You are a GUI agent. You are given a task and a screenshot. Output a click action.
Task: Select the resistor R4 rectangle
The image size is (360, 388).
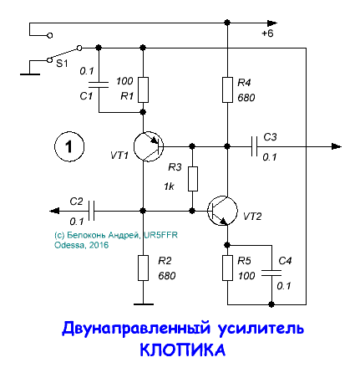(x=226, y=89)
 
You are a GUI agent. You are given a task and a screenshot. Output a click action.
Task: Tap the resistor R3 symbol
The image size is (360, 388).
(x=192, y=178)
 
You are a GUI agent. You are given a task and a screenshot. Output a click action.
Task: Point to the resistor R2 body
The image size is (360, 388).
(x=143, y=268)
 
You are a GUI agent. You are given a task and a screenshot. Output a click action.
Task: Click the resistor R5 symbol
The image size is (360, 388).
(x=226, y=268)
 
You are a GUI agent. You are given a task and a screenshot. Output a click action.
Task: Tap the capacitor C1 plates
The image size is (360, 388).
(x=99, y=84)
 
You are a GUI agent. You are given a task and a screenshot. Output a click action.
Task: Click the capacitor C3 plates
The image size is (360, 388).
(x=254, y=146)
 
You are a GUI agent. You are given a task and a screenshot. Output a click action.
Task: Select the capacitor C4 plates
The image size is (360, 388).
(x=271, y=272)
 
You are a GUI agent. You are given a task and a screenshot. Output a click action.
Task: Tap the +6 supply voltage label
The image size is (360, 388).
(x=267, y=34)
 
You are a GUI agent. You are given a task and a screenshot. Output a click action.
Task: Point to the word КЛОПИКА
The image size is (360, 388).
(x=181, y=352)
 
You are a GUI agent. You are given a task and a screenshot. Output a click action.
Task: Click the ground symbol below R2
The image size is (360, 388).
(x=143, y=303)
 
